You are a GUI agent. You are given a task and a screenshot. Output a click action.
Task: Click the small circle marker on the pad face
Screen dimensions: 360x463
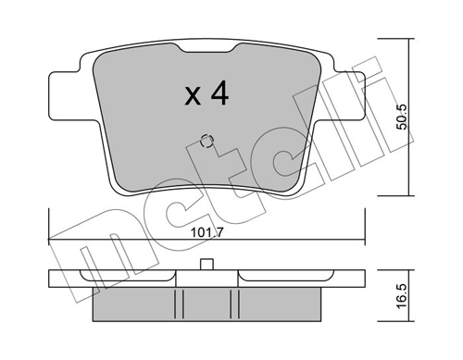pos(207,142)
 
